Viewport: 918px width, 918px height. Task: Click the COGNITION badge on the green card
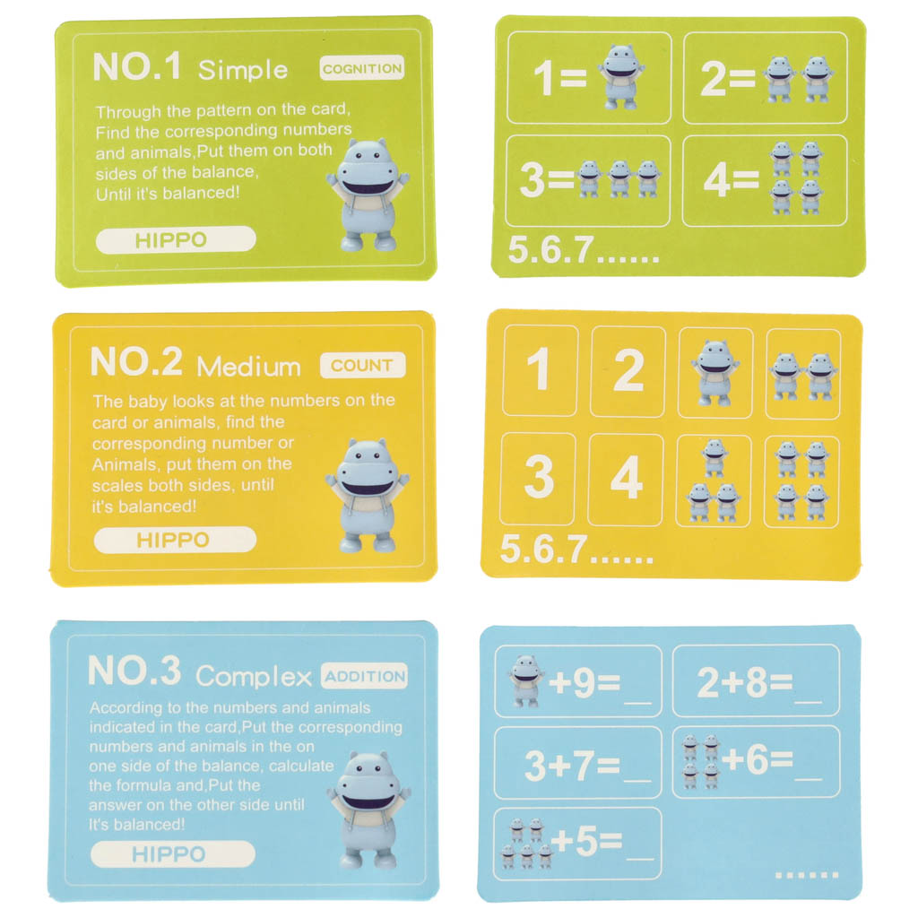tap(362, 68)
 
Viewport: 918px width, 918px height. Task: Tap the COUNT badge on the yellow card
tap(362, 366)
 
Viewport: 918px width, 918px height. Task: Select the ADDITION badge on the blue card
tap(364, 676)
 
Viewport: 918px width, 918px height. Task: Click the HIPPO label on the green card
tap(176, 240)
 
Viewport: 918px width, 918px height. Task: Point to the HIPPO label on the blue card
tap(173, 854)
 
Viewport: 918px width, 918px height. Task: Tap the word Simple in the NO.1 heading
tap(243, 70)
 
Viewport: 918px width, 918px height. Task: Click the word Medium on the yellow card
tap(249, 367)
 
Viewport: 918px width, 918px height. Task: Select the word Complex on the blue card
tap(254, 678)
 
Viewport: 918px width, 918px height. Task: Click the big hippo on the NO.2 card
tap(367, 495)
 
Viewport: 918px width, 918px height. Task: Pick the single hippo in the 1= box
tap(621, 77)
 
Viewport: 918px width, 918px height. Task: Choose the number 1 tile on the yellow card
tap(540, 370)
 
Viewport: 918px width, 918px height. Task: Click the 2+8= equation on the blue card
tap(756, 681)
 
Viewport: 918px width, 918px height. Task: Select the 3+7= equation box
tap(578, 763)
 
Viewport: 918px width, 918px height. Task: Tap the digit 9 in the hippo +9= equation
tap(583, 682)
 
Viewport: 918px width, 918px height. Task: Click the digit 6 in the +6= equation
tap(757, 760)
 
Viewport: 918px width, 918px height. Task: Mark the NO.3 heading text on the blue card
tap(134, 671)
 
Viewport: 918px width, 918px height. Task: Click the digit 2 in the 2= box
tap(714, 78)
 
